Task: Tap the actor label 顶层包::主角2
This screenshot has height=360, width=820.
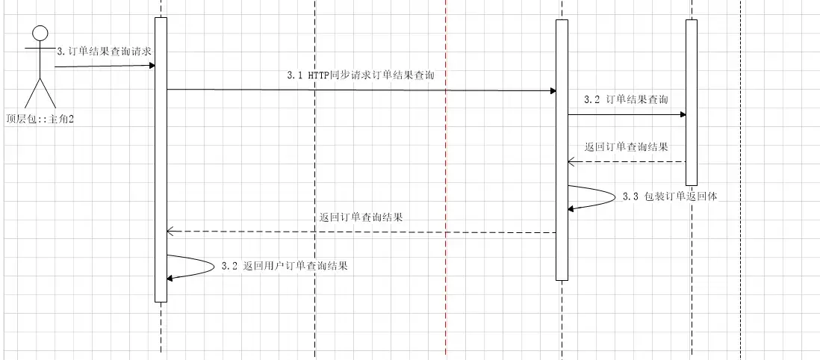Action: point(39,118)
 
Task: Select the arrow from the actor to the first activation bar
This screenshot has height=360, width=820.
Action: point(105,66)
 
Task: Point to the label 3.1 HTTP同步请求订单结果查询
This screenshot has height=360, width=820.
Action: point(361,75)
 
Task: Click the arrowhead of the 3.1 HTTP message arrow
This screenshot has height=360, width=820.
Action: point(553,91)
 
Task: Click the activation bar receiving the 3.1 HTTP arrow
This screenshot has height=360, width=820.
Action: point(562,149)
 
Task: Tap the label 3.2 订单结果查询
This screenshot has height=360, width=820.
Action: point(627,99)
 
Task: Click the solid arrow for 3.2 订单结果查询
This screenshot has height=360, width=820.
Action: point(627,115)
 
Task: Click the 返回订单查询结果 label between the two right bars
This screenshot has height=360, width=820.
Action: point(626,146)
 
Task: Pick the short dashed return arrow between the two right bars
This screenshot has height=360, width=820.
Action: point(627,161)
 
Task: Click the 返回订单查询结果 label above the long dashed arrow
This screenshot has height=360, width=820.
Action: point(361,217)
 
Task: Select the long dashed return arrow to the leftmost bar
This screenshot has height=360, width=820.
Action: point(361,232)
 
